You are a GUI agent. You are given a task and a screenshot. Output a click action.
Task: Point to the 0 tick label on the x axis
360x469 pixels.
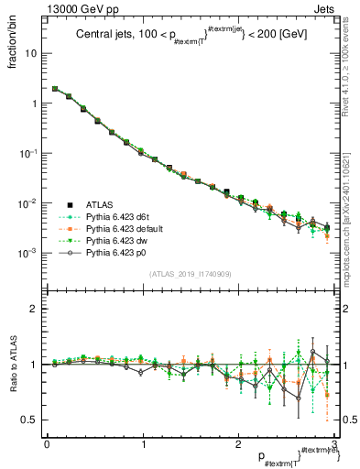(46, 443)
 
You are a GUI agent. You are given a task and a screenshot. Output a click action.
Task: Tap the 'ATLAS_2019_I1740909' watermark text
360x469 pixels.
(190, 274)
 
